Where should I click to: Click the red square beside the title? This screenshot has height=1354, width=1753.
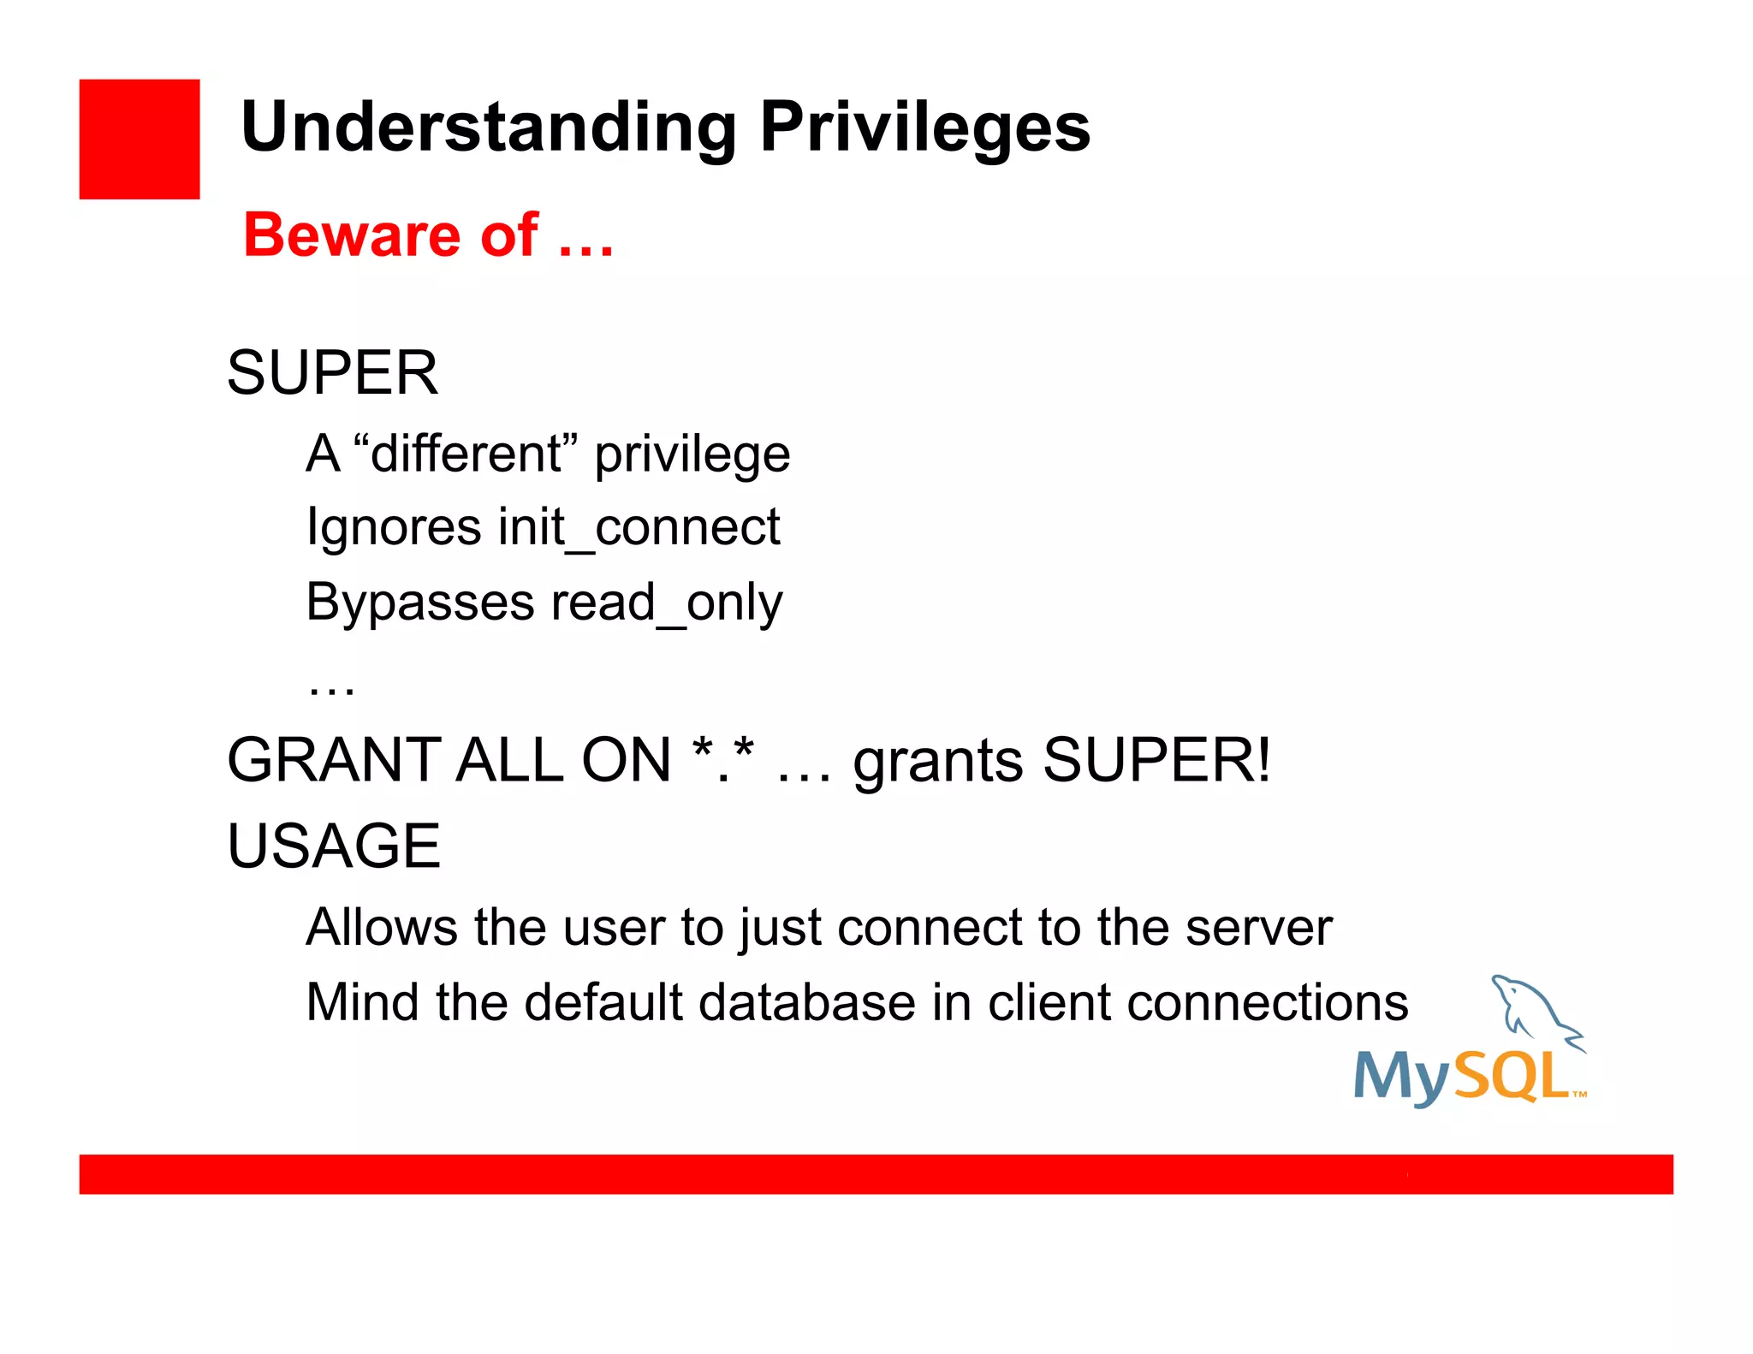point(139,139)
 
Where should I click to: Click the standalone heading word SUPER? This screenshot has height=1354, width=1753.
point(332,373)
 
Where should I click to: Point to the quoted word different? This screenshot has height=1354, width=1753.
point(466,453)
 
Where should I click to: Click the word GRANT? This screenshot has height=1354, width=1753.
point(334,760)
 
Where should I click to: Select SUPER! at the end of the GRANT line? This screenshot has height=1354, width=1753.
point(1156,760)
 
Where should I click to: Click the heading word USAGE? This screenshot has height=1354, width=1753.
point(334,846)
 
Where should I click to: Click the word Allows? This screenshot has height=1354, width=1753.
point(382,927)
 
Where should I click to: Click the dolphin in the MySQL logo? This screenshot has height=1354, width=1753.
point(1532,1010)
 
